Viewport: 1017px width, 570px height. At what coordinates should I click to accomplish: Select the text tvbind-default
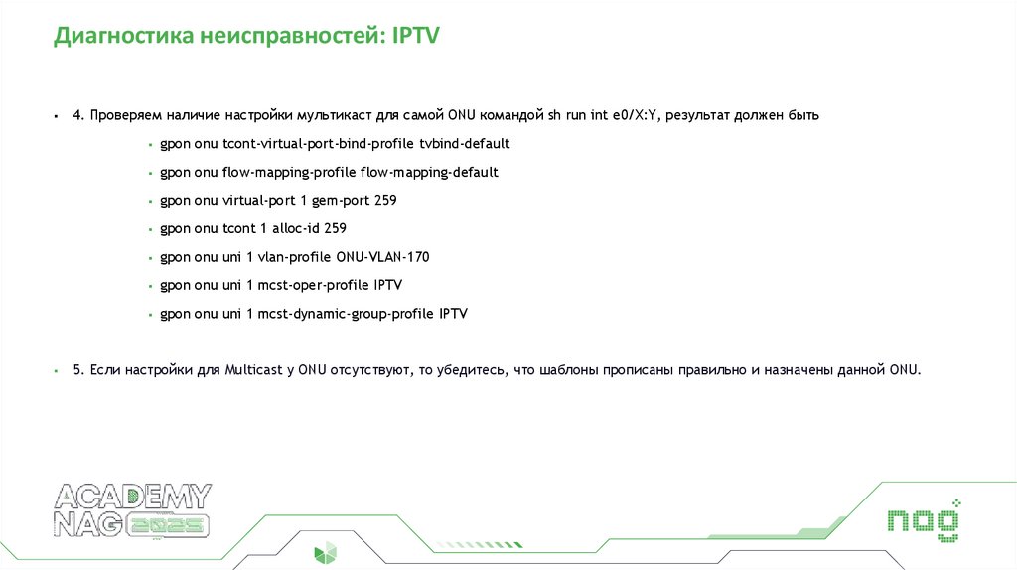coord(465,144)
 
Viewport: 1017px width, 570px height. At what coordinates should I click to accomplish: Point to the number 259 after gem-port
coord(384,201)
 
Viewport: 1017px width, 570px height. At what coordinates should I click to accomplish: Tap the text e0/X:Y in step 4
coord(634,115)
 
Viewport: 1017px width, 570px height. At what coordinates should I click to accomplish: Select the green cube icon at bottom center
coord(326,553)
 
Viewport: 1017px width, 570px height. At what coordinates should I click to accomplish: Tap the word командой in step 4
coord(510,115)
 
